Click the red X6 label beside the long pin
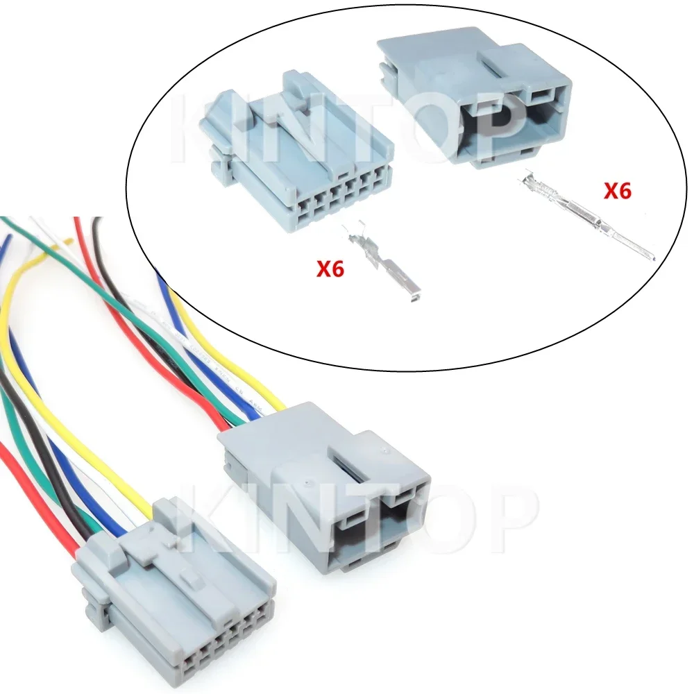617,190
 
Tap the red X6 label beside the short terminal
330,269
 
